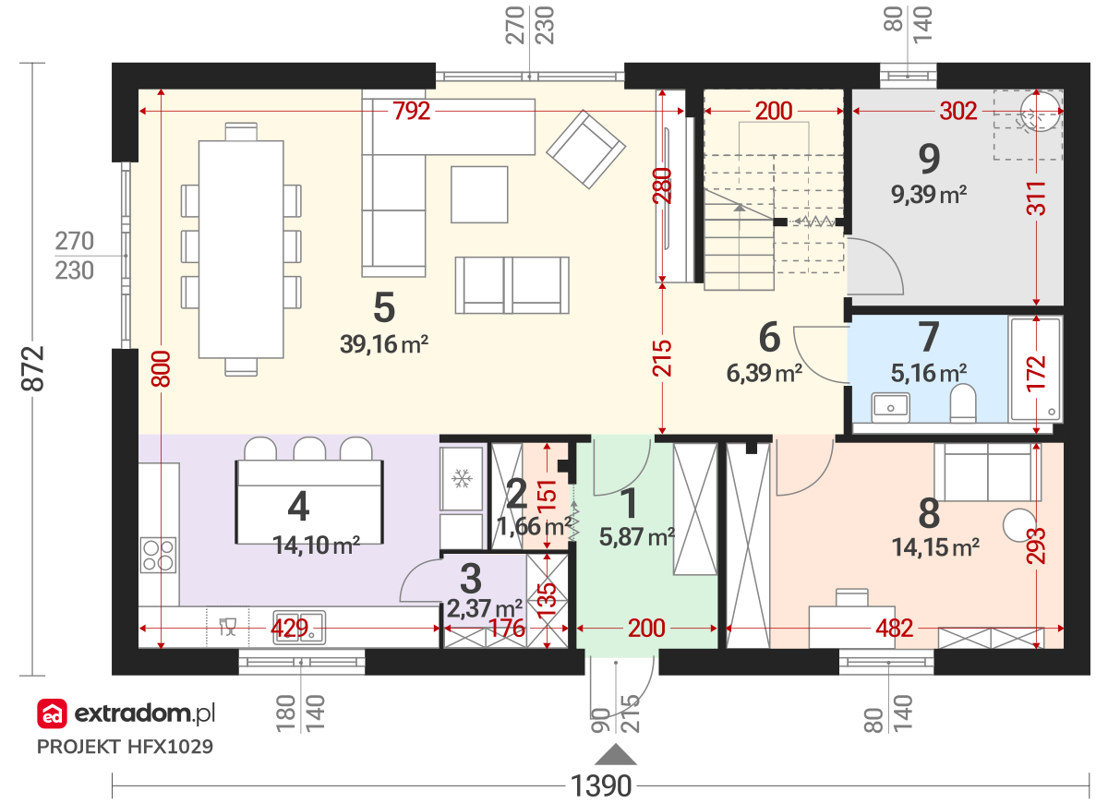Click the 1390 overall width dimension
point(601,785)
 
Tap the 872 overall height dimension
point(32,369)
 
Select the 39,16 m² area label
point(384,344)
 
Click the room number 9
point(929,159)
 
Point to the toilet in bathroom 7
point(962,403)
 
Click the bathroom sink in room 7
point(890,407)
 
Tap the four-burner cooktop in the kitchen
point(158,555)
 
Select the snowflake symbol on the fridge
point(462,479)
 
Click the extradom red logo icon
point(52,713)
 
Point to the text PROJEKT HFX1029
point(126,747)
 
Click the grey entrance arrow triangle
point(615,755)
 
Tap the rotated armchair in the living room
point(585,150)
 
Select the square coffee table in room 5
point(479,195)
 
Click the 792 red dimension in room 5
point(411,112)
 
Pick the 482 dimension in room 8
point(895,629)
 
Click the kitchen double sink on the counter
point(299,628)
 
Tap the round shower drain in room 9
point(1041,112)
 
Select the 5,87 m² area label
point(637,536)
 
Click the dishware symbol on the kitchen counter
point(227,627)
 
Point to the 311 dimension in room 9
point(1036,198)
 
